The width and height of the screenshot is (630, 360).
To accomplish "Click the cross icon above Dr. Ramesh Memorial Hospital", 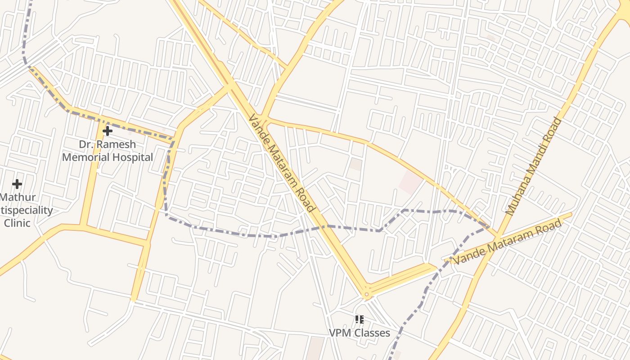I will coord(108,131).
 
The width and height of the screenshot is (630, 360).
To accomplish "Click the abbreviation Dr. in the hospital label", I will coord(86,144).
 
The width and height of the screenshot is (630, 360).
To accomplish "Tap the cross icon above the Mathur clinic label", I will coord(17,184).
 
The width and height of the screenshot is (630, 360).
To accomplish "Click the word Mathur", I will coord(18,197).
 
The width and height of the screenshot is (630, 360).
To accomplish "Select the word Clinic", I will coord(17,223).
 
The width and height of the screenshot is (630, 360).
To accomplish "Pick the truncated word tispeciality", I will coord(27,210).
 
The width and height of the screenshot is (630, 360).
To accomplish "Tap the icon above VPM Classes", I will coord(359,319).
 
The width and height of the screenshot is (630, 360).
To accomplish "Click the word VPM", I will coord(339,333).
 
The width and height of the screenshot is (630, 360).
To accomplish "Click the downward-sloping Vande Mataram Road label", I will coord(281,163).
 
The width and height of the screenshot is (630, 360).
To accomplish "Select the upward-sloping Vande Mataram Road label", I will coord(508,242).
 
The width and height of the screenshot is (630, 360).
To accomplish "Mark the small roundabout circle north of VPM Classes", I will coord(367,295).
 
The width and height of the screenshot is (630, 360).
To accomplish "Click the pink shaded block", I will coord(410,182).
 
